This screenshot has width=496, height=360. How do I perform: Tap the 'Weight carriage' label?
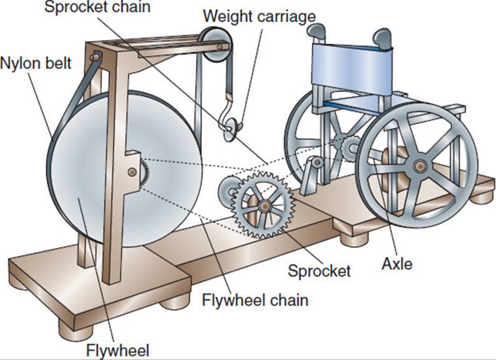tap(258, 16)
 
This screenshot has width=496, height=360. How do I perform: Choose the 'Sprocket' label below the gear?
tap(318, 269)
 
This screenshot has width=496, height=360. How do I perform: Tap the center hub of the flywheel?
tap(134, 172)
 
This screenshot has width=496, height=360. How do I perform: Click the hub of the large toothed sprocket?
tap(263, 205)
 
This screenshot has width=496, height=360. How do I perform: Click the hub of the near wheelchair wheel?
tap(420, 166)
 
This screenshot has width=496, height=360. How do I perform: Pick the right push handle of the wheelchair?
tap(383, 37)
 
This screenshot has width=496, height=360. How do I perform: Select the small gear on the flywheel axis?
tap(144, 172)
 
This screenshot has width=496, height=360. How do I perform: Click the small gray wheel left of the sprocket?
tap(227, 191)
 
